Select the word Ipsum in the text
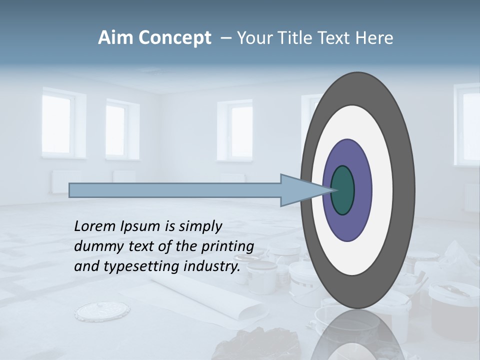click(139, 227)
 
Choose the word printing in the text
click(227, 247)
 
